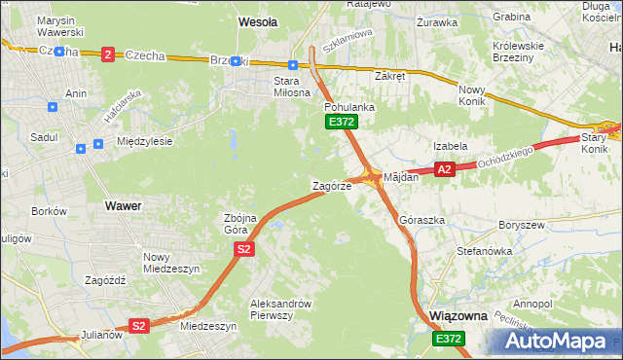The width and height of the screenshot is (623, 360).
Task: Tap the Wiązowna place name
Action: click(458, 316)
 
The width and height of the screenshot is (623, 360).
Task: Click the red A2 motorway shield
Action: click(444, 169)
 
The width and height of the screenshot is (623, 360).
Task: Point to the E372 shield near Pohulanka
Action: click(342, 122)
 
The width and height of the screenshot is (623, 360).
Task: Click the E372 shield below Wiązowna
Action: click(449, 338)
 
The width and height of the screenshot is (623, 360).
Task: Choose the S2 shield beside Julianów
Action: click(138, 326)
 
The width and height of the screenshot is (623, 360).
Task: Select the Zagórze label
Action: click(331, 186)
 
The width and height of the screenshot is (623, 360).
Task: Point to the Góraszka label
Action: click(422, 221)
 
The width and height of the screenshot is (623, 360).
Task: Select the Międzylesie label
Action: click(144, 141)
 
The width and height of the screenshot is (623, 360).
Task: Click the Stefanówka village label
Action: click(484, 251)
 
